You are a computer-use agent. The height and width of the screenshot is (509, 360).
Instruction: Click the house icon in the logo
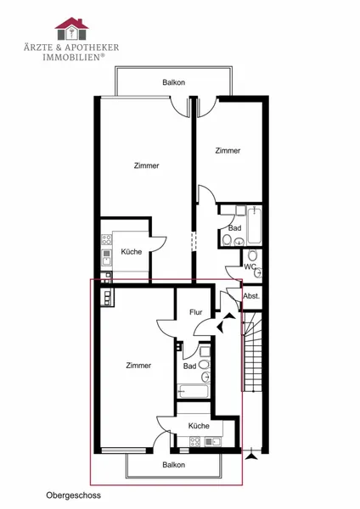71,29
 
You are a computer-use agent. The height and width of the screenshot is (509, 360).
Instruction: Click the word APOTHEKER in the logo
92,48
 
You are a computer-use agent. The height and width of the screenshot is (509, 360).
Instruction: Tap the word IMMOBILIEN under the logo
71,57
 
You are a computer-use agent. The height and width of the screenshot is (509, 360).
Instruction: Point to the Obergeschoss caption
73,495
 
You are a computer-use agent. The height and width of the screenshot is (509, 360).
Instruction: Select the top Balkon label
174,82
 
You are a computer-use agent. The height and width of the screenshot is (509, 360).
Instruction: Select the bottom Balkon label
174,465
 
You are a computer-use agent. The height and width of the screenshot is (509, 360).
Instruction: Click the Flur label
196,312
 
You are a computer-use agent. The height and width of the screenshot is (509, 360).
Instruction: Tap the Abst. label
251,296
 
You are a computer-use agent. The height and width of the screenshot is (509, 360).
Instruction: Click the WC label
250,267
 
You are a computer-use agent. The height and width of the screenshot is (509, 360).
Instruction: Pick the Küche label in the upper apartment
132,252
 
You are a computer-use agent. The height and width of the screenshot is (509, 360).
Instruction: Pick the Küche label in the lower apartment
199,426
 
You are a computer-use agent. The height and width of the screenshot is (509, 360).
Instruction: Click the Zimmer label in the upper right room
228,151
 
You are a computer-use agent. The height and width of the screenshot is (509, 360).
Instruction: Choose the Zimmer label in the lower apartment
138,366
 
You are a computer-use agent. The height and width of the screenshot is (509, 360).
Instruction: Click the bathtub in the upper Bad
254,226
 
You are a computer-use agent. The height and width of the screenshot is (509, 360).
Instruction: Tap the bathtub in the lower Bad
193,392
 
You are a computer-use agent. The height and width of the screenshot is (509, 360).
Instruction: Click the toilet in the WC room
252,255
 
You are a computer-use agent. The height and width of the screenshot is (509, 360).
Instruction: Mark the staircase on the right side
253,353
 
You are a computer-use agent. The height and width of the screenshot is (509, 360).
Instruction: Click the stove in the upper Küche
106,240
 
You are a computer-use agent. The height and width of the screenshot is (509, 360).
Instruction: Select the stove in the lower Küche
195,441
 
